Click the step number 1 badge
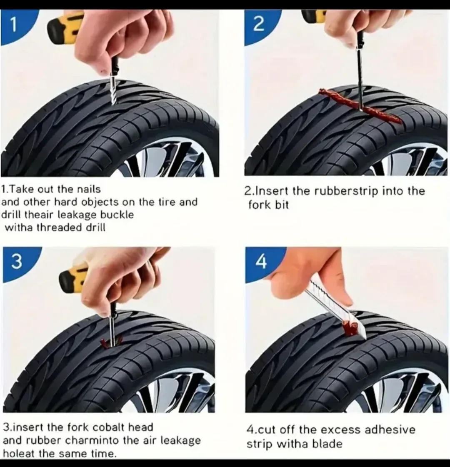pyautogui.click(x=13, y=25)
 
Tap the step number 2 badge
pyautogui.click(x=258, y=25)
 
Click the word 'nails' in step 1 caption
pyautogui.click(x=88, y=189)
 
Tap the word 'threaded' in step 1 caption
pyautogui.click(x=54, y=227)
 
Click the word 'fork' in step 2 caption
pyautogui.click(x=257, y=205)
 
